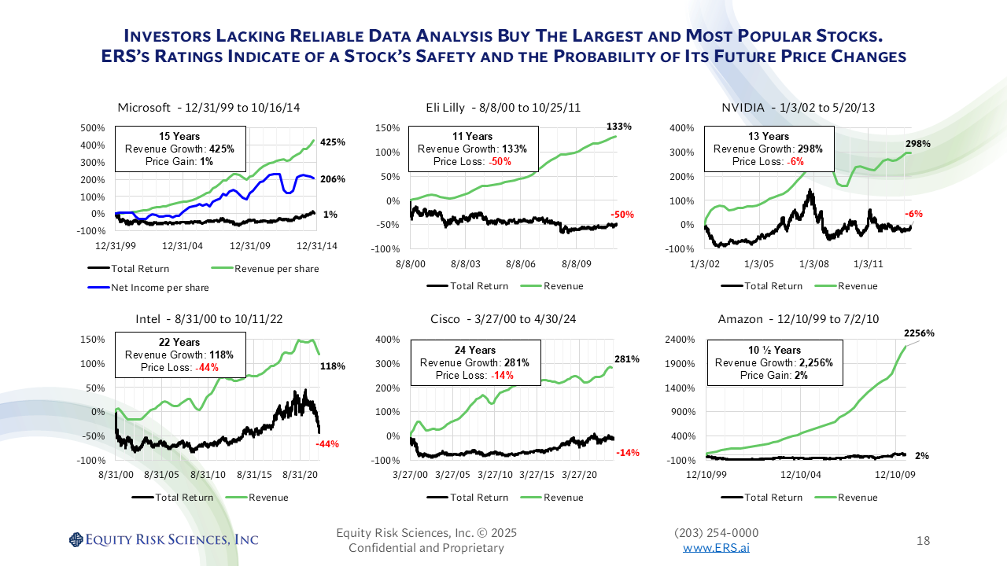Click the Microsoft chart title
(208, 108)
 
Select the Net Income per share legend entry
(160, 288)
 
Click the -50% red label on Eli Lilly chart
(622, 215)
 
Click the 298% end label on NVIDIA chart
(918, 144)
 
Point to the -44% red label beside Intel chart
(326, 444)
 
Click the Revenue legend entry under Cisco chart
(563, 498)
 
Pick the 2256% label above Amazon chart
(918, 333)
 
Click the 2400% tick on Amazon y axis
(681, 340)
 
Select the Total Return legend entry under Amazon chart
(773, 498)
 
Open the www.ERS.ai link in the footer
(716, 548)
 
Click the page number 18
(924, 541)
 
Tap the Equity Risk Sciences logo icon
(76, 539)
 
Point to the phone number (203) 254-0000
(716, 533)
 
